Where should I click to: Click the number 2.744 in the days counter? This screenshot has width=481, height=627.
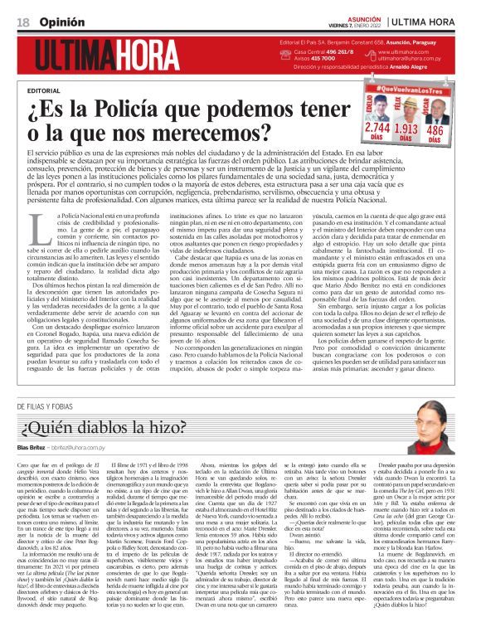click(x=377, y=129)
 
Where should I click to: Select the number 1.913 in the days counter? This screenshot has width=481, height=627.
click(x=406, y=129)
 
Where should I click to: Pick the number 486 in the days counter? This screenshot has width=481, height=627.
click(x=434, y=129)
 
